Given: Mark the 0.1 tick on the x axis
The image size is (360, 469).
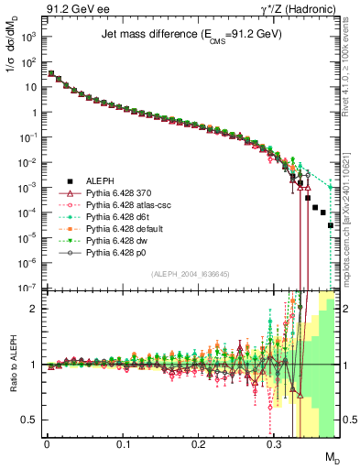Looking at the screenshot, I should click(x=123, y=443).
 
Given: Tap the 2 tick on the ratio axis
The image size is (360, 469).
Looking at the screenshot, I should click(x=33, y=309).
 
